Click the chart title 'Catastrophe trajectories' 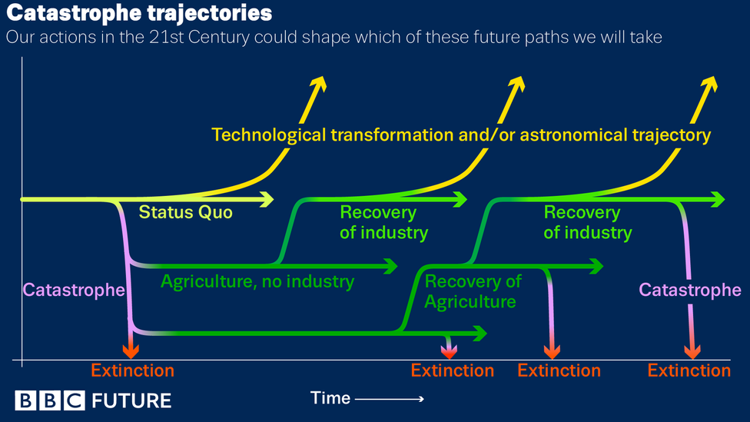pos(139,13)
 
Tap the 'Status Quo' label pos(186,212)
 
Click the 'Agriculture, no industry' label pos(257,282)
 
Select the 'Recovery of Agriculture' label pos(473,291)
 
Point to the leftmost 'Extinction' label pos(132,370)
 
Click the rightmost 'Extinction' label pos(689,370)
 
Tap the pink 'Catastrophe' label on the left pos(74,290)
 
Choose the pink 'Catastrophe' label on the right pos(690,290)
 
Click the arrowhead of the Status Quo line pos(267,199)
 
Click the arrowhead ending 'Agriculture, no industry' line pos(390,266)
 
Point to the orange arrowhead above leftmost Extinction pos(131,351)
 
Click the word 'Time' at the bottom pos(330,398)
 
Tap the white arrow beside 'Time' pos(390,399)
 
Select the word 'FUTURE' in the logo pos(131,401)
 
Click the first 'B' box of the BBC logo pos(25,400)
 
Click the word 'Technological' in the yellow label pos(269,135)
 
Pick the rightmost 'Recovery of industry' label pos(587,222)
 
